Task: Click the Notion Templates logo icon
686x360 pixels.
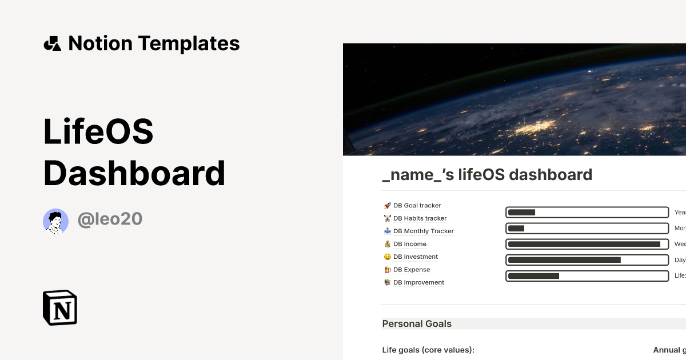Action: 52,43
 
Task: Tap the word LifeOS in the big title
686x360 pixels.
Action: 98,132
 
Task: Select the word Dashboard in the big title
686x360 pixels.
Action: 134,173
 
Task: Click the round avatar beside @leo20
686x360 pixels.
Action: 55,221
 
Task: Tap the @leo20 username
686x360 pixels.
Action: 110,219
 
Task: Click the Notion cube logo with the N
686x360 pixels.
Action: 60,307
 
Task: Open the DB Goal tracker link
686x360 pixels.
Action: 417,206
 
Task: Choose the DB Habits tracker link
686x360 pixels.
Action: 420,218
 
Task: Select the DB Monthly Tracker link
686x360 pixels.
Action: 423,231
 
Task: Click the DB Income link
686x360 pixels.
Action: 409,244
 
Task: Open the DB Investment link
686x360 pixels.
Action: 415,257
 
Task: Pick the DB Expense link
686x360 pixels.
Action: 411,270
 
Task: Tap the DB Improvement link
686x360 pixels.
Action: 418,282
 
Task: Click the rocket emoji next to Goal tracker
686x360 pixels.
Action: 387,206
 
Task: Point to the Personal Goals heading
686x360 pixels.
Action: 417,324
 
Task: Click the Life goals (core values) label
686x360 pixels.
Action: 428,350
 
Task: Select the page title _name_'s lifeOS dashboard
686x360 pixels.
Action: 487,175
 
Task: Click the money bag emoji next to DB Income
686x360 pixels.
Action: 387,244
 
